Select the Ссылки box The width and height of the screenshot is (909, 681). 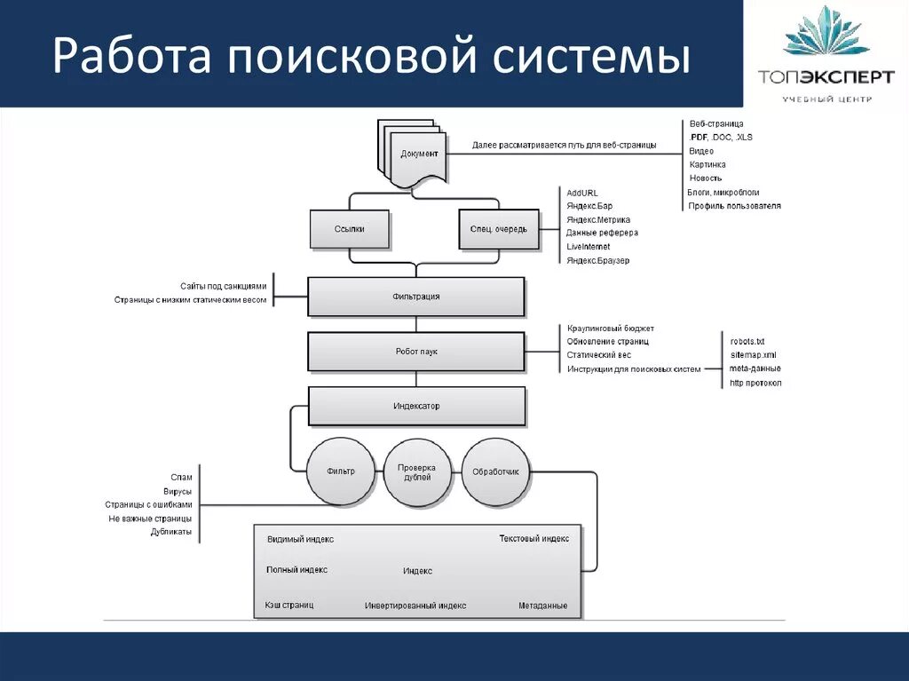tap(349, 229)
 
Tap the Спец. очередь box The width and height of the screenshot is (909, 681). tap(498, 229)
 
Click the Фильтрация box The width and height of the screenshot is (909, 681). tap(415, 297)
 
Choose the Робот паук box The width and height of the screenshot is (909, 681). tap(415, 352)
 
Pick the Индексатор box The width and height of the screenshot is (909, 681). tap(416, 407)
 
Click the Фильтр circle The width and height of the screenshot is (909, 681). tap(340, 471)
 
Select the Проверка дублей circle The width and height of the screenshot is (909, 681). tap(417, 471)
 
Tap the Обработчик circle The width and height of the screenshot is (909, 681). tap(495, 471)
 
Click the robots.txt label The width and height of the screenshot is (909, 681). tap(747, 342)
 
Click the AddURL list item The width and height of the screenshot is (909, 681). tap(582, 193)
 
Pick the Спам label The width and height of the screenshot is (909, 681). tap(181, 478)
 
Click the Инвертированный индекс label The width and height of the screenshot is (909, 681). tap(415, 606)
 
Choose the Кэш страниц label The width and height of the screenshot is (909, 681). tap(289, 605)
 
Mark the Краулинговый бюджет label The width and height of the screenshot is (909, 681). tap(611, 329)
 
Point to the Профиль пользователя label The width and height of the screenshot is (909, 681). tap(734, 206)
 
